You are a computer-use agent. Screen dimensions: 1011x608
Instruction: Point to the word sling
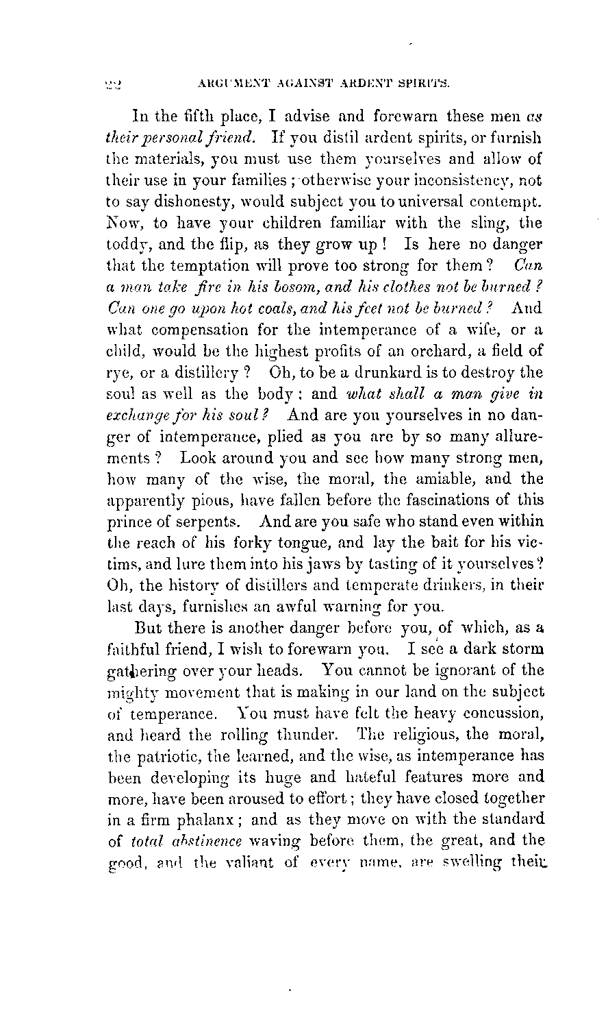point(494,225)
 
